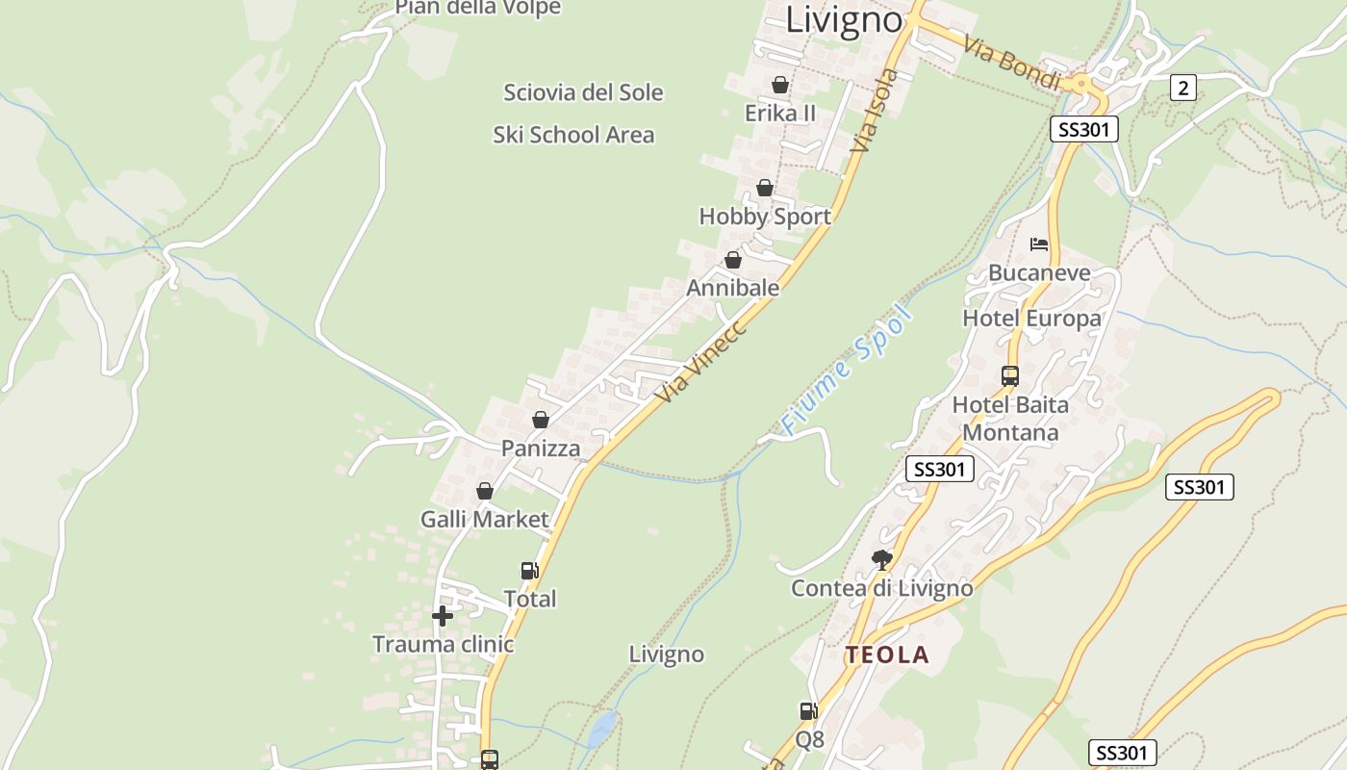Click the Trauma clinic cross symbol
[x=443, y=616]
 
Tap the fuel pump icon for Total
[x=529, y=571]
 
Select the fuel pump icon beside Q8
[x=808, y=711]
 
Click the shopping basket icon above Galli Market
[x=485, y=491]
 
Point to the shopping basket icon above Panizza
[x=541, y=420]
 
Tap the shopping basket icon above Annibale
[x=733, y=260]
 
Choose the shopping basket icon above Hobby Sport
[x=765, y=188]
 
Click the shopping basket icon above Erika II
[x=780, y=85]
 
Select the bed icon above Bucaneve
[x=1039, y=244]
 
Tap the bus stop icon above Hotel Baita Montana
[x=1010, y=375]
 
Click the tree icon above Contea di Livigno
[x=881, y=559]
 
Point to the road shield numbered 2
[x=1182, y=88]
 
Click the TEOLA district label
[x=887, y=655]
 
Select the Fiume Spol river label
[x=846, y=371]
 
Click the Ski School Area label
[x=573, y=135]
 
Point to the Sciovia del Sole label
[x=583, y=92]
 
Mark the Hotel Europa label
[x=1031, y=318]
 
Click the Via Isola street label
[x=877, y=111]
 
